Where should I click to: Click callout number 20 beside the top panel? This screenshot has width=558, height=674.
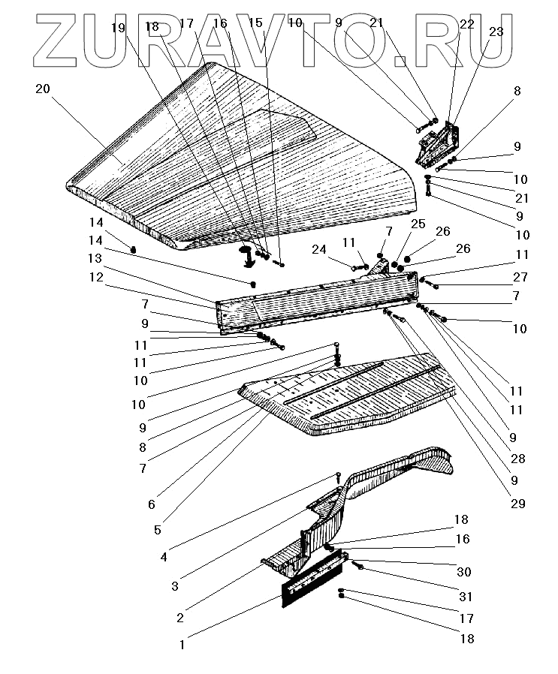[x=43, y=89]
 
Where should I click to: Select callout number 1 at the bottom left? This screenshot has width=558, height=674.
[x=181, y=643]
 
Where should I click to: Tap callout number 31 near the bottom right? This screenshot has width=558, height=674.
[x=466, y=597]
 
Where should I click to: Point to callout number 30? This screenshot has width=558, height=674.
[x=464, y=572]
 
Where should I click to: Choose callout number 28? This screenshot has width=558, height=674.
[x=518, y=459]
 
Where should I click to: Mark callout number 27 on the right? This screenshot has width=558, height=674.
[x=520, y=277]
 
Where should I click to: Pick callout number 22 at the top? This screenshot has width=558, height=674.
[x=467, y=25]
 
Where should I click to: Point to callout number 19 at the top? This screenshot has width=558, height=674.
[x=119, y=28]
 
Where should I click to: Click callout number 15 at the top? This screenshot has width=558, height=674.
[x=256, y=23]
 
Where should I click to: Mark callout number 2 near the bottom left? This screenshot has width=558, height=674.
[x=180, y=618]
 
